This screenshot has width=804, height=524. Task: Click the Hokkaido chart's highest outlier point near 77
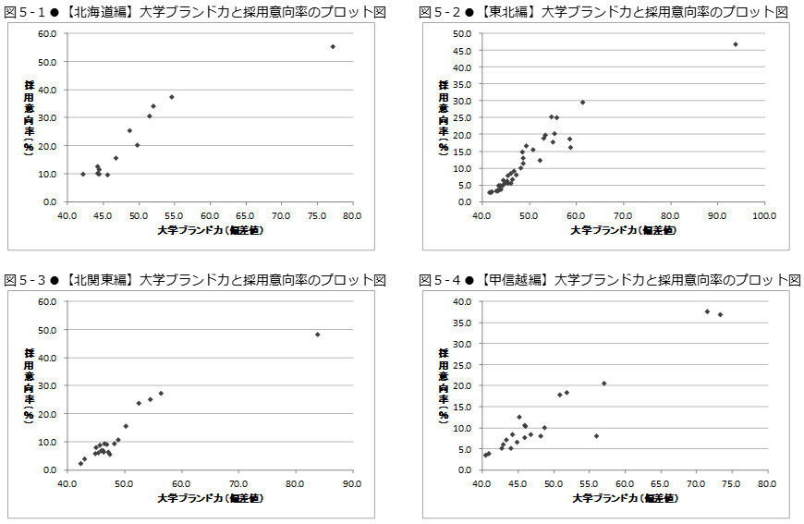[333, 46]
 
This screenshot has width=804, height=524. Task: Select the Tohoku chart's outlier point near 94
[736, 44]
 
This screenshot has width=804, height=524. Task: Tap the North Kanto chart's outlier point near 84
[318, 335]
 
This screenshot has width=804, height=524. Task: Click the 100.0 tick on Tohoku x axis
[764, 214]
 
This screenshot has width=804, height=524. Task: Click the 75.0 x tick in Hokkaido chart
[316, 214]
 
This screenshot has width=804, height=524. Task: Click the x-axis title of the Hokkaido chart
[210, 229]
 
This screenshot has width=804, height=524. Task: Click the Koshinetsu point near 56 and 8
[596, 436]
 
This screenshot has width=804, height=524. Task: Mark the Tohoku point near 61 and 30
[582, 103]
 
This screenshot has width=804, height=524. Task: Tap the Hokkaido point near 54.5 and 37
[171, 97]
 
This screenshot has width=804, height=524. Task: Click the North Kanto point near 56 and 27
[161, 393]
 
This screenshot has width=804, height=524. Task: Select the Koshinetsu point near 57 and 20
[603, 384]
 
